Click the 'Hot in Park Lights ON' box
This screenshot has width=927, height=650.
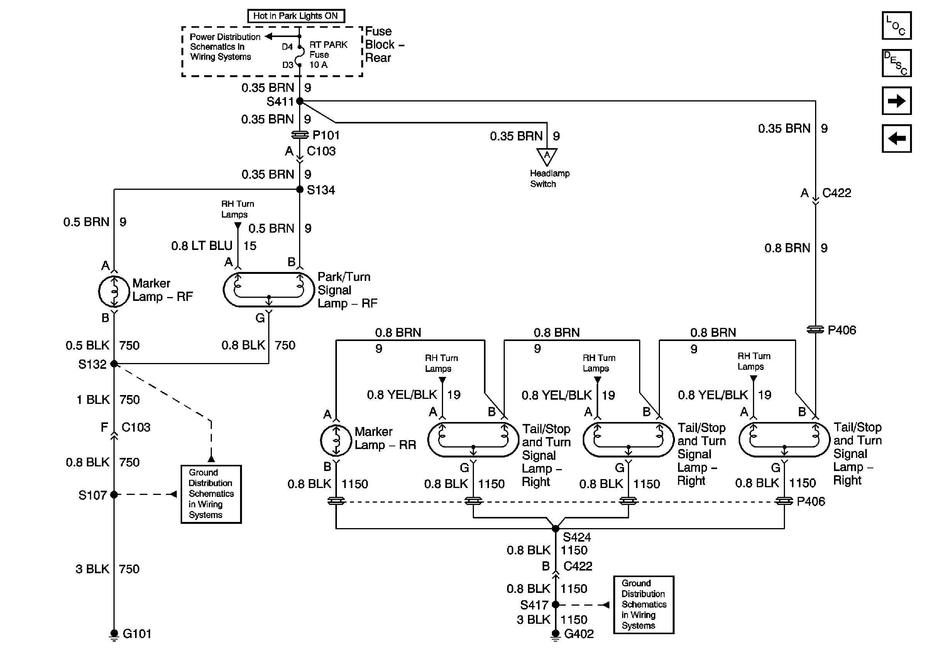pyautogui.click(x=296, y=16)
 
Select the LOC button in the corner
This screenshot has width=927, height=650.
pyautogui.click(x=896, y=25)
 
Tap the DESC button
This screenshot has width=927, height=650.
pyautogui.click(x=896, y=63)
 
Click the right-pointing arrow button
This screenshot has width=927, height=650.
pyautogui.click(x=896, y=100)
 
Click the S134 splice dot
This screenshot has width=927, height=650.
pyautogui.click(x=299, y=189)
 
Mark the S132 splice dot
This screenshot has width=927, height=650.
pyautogui.click(x=114, y=363)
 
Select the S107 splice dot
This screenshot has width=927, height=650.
pyautogui.click(x=114, y=494)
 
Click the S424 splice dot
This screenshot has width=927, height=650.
pyautogui.click(x=556, y=528)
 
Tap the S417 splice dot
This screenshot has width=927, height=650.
pyautogui.click(x=556, y=604)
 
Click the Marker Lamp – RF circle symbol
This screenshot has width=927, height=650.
pyautogui.click(x=114, y=291)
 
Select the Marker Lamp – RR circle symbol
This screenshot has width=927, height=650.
pyautogui.click(x=336, y=440)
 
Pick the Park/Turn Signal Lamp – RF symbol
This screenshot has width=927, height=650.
pyautogui.click(x=269, y=290)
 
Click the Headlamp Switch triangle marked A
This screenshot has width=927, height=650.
pyautogui.click(x=547, y=157)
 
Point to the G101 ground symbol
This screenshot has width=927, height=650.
pyautogui.click(x=114, y=635)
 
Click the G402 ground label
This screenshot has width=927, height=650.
pyautogui.click(x=579, y=634)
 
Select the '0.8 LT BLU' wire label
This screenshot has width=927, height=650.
pyautogui.click(x=202, y=245)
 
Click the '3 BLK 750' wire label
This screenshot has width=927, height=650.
pyautogui.click(x=107, y=569)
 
